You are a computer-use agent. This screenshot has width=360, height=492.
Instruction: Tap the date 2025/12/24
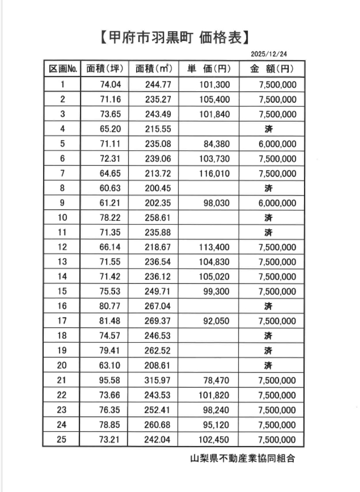pyautogui.click(x=274, y=53)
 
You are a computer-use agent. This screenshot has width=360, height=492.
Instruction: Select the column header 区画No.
pyautogui.click(x=63, y=69)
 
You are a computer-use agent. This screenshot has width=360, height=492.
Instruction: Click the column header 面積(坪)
pyautogui.click(x=105, y=69)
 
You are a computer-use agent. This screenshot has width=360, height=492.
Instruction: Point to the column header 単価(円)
pyautogui.click(x=209, y=69)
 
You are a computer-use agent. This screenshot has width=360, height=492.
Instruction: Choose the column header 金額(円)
pyautogui.click(x=272, y=69)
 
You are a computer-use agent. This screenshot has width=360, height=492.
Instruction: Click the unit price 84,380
pyautogui.click(x=217, y=144)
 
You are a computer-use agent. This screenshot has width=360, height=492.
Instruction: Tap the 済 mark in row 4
pyautogui.click(x=269, y=129)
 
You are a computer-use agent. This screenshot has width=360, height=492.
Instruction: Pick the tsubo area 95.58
pyautogui.click(x=110, y=381)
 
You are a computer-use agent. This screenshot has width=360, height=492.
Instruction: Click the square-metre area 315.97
pyautogui.click(x=158, y=381)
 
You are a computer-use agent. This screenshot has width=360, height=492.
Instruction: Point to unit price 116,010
pyautogui.click(x=214, y=174)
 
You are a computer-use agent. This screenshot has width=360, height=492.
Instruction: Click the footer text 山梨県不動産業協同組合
pyautogui.click(x=243, y=459)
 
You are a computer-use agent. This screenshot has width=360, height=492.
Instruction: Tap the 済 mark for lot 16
pyautogui.click(x=269, y=307)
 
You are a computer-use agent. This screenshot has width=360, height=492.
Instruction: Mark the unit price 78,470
pyautogui.click(x=217, y=381)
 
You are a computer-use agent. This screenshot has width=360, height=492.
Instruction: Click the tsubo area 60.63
pyautogui.click(x=110, y=188)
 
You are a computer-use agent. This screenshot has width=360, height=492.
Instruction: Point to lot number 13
pyautogui.click(x=62, y=262)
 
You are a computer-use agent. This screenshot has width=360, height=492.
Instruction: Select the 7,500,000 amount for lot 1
pyautogui.click(x=277, y=85)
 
